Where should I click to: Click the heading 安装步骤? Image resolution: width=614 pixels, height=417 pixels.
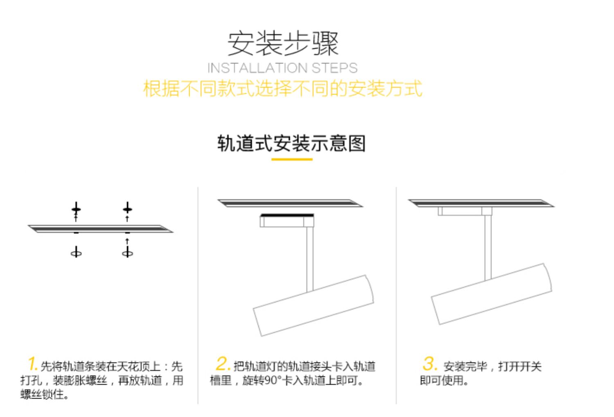(x=283, y=43)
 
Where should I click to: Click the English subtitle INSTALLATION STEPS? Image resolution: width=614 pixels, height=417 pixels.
(x=282, y=68)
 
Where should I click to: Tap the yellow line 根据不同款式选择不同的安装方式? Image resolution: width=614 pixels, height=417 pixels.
(x=282, y=89)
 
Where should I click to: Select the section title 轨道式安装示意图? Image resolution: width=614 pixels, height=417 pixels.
(x=291, y=143)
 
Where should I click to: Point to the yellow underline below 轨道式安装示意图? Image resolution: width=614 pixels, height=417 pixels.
(x=292, y=159)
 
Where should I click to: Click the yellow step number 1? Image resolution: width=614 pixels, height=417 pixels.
(x=33, y=364)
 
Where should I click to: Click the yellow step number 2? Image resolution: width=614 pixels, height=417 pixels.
(x=223, y=363)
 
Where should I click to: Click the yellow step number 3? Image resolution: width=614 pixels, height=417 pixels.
(x=429, y=363)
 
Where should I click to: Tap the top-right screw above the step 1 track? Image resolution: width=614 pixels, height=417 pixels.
(x=127, y=209)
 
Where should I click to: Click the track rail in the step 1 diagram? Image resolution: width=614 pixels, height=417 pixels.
(x=100, y=228)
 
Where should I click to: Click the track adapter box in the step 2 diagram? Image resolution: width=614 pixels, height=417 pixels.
(x=287, y=221)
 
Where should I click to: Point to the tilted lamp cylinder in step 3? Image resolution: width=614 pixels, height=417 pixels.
(x=491, y=294)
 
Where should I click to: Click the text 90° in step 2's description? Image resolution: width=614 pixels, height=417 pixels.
(x=273, y=381)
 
